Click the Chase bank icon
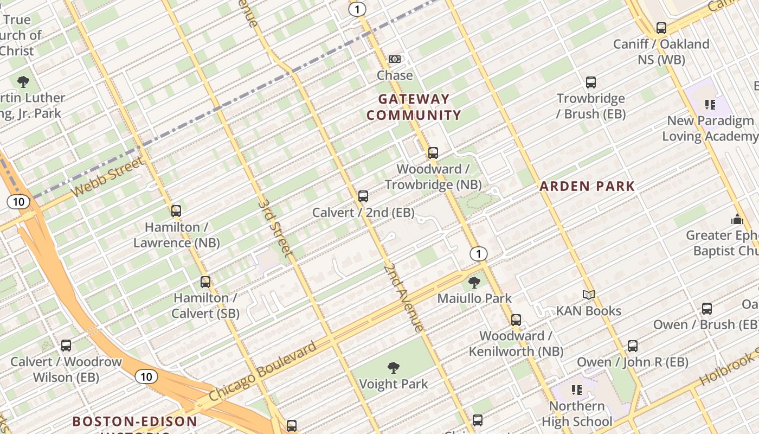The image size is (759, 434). coord(395,59)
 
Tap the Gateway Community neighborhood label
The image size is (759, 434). coord(414,107)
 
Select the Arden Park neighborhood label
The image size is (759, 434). coord(587,187)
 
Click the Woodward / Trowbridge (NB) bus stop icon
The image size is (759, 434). coord(433,153)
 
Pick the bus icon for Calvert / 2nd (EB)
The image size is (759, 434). coord(363,196)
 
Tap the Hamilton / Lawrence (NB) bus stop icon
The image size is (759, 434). coord(176,211)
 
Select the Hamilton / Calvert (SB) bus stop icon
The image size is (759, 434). coord(205,282)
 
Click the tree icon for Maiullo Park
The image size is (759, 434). coord(474,282)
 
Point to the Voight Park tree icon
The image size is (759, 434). coord(394,368)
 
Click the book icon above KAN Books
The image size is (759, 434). coord(589,295)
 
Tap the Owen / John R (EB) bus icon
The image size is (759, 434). coord(632,346)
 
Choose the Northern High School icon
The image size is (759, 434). coord(577,390)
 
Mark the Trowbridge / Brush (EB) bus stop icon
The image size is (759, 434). coord(591,82)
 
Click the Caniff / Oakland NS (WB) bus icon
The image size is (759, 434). coord(661,28)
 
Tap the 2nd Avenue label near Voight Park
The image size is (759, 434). coord(403,298)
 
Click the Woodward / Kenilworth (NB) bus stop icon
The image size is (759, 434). coord(516,320)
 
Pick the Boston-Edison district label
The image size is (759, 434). coord(135,422)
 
